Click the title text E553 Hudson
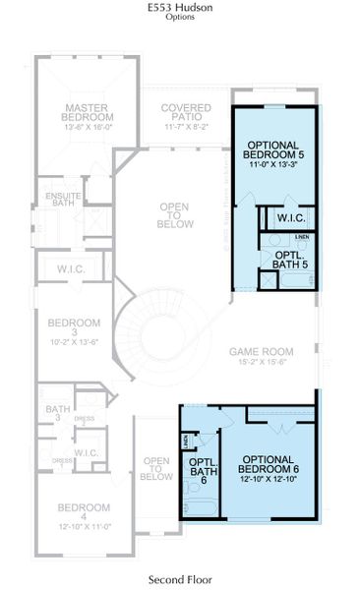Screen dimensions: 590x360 coord(180,7)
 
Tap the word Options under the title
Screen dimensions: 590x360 coord(180,18)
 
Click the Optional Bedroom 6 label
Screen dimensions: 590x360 coord(269,462)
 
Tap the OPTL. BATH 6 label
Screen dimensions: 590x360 coord(202,470)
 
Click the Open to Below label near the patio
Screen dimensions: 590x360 coord(174,214)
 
